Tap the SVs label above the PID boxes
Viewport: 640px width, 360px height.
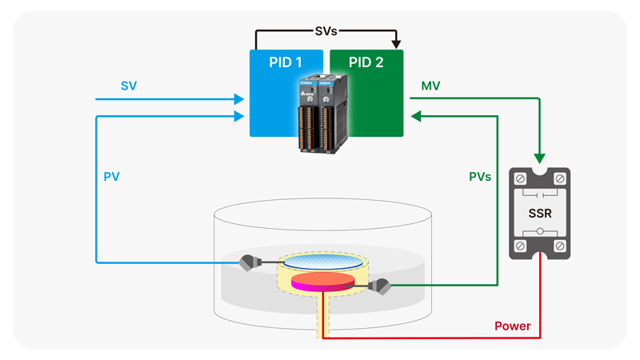point(326,32)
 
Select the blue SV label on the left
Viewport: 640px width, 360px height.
point(129,85)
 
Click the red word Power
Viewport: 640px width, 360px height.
point(513,326)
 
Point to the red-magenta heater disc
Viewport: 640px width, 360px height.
point(322,281)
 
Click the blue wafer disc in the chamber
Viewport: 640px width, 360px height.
point(322,262)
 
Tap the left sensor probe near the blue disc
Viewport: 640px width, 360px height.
point(248,262)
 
